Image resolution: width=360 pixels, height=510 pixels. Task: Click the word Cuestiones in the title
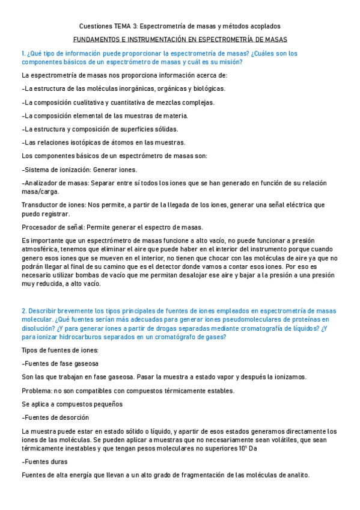click(96, 26)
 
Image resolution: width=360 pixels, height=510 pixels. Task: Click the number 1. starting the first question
click(23, 54)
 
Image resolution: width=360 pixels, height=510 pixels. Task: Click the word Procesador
click(39, 227)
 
